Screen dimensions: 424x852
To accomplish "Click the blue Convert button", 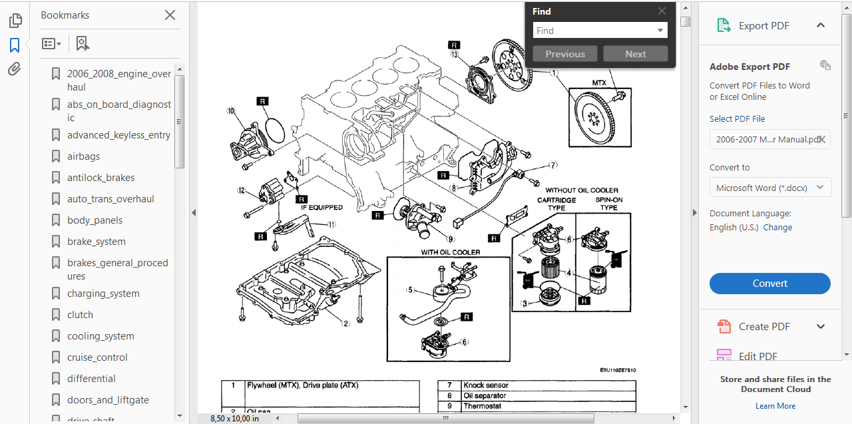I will (769, 284).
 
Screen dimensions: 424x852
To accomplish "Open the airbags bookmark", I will (83, 156).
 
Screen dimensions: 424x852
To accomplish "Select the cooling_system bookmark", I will (101, 336).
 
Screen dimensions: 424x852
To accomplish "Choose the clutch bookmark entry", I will (80, 315).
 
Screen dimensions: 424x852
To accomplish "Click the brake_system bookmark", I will (96, 242).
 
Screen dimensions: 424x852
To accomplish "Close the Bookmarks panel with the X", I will (170, 15).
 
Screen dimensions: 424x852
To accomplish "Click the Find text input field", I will (594, 31).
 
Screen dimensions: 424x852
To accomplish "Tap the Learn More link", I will (775, 406).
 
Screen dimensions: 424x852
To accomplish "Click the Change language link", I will (777, 228).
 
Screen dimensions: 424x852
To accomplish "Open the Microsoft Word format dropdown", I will (770, 188).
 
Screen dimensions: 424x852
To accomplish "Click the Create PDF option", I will (763, 327).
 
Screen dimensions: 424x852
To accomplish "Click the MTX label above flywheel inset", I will (599, 83).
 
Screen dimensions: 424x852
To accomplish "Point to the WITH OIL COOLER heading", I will (450, 253).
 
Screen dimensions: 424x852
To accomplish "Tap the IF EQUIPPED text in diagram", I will (321, 208).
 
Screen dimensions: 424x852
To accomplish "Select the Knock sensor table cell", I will (486, 385).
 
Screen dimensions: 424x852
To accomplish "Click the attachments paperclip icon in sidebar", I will (15, 69).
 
